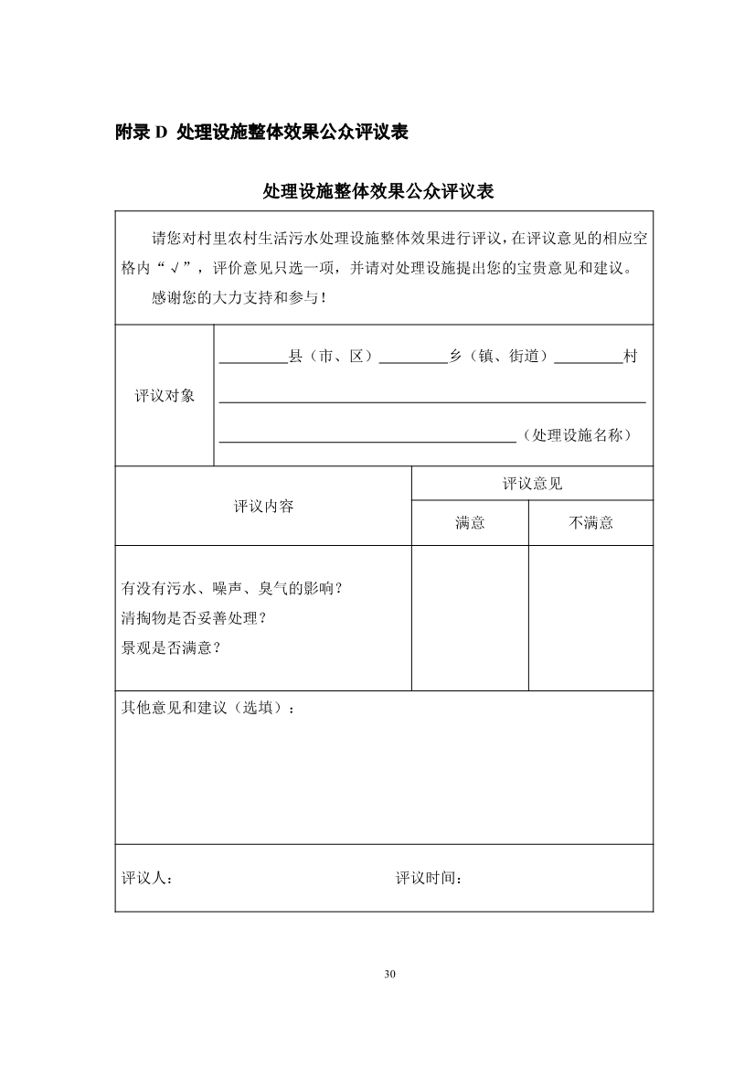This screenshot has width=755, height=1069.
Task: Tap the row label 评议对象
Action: (x=165, y=396)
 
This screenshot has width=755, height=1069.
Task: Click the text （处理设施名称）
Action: (x=576, y=435)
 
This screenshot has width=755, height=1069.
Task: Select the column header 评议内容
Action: (x=263, y=506)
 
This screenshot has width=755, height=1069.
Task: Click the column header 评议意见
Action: (x=532, y=484)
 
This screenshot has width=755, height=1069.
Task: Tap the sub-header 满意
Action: (x=470, y=523)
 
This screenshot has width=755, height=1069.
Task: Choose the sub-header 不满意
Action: (x=590, y=523)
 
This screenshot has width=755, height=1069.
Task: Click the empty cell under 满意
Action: (x=470, y=617)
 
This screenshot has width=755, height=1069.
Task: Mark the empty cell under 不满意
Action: (x=590, y=617)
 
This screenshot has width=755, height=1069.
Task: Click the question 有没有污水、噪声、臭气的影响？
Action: (x=232, y=587)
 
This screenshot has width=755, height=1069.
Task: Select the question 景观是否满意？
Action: (x=172, y=647)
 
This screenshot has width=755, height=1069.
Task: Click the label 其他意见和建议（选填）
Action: (x=208, y=708)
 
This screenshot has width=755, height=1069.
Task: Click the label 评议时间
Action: (x=429, y=878)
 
